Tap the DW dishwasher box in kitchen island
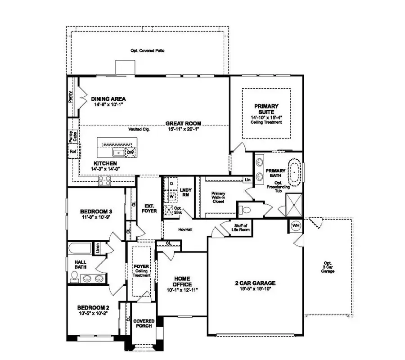130,153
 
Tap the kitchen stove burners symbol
105,181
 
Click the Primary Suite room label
266,109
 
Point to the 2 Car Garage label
255,283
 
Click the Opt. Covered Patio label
147,51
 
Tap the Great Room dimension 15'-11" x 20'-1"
183,129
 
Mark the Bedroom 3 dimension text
95,217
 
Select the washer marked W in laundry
171,197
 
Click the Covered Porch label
144,324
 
